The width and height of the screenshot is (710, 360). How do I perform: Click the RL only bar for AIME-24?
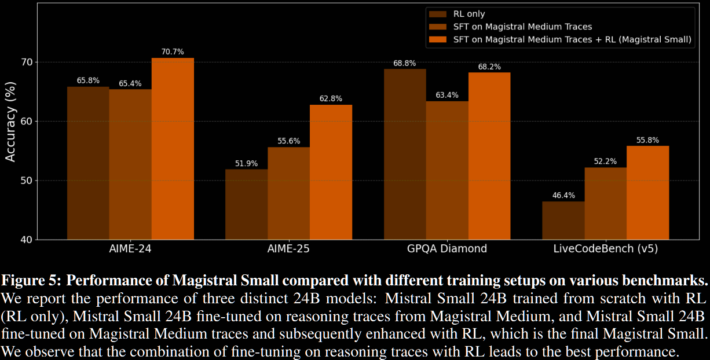tap(88, 163)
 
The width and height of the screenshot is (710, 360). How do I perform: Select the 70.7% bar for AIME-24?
tap(173, 148)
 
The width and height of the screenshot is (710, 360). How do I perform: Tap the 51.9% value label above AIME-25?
tap(246, 164)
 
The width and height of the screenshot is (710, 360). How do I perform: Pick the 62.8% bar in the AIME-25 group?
tap(331, 172)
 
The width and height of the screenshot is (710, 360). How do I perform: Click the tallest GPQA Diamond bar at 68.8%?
tap(405, 154)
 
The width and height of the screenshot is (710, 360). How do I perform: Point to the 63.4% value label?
tap(447, 95)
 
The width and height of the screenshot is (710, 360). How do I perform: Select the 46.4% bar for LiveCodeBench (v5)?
tap(563, 220)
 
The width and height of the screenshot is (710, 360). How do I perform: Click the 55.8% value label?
tap(647, 140)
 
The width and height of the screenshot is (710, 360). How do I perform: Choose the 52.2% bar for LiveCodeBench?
tap(605, 203)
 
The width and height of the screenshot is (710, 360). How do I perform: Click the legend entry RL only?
tap(469, 14)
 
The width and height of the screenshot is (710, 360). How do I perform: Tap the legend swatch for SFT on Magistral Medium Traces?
tap(437, 27)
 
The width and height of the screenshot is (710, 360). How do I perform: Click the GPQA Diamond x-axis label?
tap(447, 249)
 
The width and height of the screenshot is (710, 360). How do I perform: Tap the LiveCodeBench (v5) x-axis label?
tap(605, 249)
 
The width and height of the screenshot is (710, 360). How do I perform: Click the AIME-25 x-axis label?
tap(288, 249)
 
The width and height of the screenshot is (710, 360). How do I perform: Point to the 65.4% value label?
tap(130, 83)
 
